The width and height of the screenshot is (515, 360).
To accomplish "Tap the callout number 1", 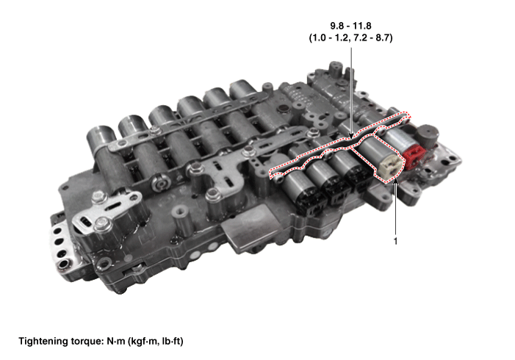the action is point(395,241).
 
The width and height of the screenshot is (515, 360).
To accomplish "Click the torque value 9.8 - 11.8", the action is point(350,26).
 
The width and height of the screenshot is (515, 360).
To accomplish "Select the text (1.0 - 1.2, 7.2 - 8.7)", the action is point(350,37).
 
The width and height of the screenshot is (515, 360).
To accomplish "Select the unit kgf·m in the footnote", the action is point(144,342).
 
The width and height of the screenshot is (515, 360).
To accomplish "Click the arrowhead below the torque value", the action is point(351,135).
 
